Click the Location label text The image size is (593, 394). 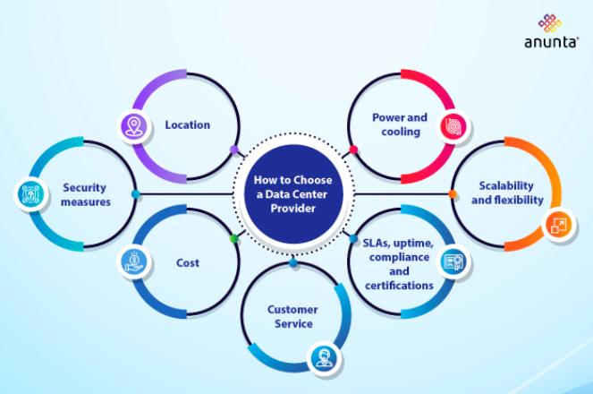point(187,124)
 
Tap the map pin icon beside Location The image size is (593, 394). point(133,126)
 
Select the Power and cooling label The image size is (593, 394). point(400,124)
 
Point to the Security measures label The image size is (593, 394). point(86,194)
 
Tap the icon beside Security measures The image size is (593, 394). point(28,193)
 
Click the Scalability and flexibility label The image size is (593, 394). point(507,193)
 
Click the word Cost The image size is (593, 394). point(188,263)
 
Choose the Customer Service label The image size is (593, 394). point(292,316)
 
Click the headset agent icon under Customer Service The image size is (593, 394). point(322,359)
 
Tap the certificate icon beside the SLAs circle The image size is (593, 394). point(453,261)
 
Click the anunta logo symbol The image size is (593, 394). point(549,22)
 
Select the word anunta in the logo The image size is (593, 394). point(549,42)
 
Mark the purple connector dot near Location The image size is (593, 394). point(234,150)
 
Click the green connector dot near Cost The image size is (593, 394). point(234,238)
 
